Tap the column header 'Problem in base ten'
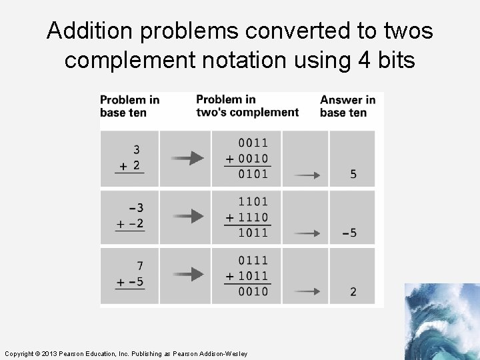pos(129,106)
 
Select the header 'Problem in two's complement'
pos(247,106)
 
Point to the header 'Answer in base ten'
pos(347,106)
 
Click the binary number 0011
pos(253,143)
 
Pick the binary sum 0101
pos(253,174)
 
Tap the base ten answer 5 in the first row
pos(353,175)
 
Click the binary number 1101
pos(253,201)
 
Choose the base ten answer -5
pos(350,233)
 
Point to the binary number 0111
pos(253,260)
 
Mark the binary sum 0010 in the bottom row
pos(253,291)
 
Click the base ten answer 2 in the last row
pos(353,292)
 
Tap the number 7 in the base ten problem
pos(139,267)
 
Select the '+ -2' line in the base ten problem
pos(130,224)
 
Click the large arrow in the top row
pos(187,158)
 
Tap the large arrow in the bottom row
pos(187,275)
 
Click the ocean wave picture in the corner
pos(442,321)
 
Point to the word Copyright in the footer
pos(19,353)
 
